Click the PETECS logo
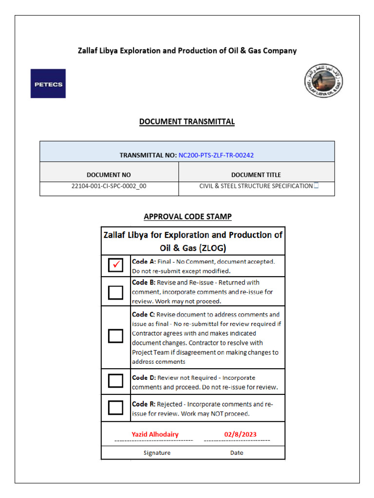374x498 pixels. click(48, 83)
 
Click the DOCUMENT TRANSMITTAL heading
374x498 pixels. click(187, 122)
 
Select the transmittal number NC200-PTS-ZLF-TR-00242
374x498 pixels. click(216, 156)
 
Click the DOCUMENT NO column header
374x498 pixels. click(109, 175)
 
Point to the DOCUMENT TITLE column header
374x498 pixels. click(256, 175)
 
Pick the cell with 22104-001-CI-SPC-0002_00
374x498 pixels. click(109, 186)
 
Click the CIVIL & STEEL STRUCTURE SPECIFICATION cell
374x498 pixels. click(256, 186)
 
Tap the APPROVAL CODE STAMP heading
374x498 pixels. click(187, 217)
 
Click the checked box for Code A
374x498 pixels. click(115, 266)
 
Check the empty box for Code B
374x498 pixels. click(115, 292)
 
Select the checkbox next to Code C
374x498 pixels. click(115, 336)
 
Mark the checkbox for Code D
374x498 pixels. click(115, 380)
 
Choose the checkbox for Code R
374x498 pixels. click(115, 407)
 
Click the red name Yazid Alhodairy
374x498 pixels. click(155, 434)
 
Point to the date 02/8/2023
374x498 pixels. click(240, 434)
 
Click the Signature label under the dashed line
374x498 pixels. click(157, 453)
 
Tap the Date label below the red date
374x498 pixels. click(237, 453)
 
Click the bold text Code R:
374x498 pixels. click(144, 404)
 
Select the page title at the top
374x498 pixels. click(187, 51)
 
